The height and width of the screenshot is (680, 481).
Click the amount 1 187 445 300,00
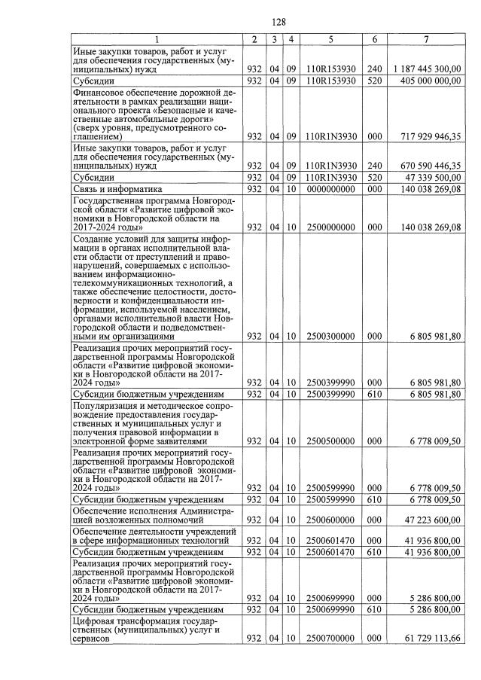click(427, 69)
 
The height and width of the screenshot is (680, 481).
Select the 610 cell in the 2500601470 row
click(374, 551)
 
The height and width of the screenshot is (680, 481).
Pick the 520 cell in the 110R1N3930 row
click(374, 177)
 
